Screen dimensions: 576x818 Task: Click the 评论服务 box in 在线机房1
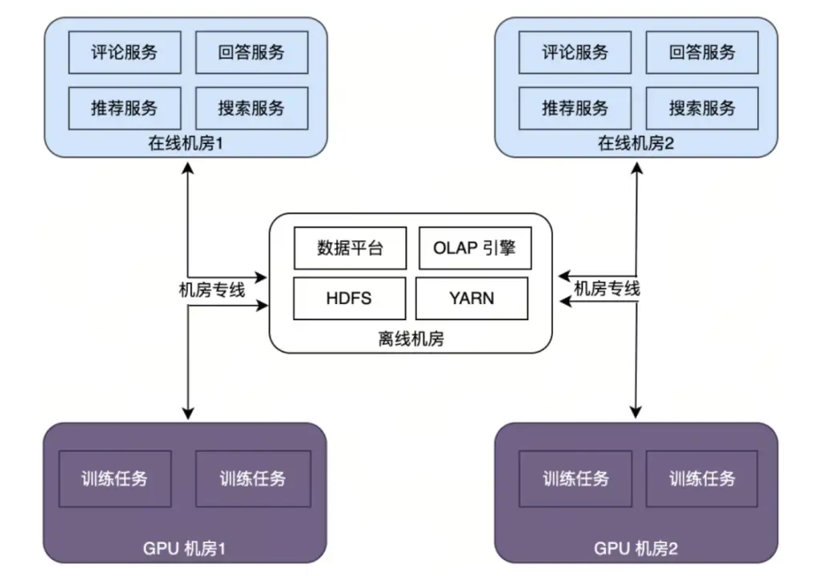(125, 53)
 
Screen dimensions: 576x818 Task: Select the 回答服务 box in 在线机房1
(251, 53)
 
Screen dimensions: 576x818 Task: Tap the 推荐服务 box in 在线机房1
(125, 108)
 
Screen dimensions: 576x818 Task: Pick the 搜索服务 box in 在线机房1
(251, 108)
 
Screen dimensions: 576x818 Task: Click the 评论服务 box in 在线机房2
(575, 53)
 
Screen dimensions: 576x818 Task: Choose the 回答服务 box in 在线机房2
(702, 53)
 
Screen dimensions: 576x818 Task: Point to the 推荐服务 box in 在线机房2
(575, 108)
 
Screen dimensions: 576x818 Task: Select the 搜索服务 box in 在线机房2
(702, 108)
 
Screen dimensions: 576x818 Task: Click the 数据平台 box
(351, 248)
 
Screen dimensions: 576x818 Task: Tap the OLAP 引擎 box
(475, 248)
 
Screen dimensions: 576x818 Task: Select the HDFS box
(349, 298)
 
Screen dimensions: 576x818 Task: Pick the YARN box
(472, 298)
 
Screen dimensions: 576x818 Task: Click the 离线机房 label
(411, 338)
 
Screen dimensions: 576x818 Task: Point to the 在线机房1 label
(187, 145)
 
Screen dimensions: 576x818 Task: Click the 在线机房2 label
(638, 145)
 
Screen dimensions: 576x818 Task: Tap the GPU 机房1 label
(186, 549)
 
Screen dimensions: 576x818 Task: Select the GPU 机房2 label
(636, 549)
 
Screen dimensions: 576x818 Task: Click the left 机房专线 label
(211, 290)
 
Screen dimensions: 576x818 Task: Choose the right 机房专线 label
(607, 289)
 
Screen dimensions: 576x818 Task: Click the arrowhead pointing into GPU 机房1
(188, 413)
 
